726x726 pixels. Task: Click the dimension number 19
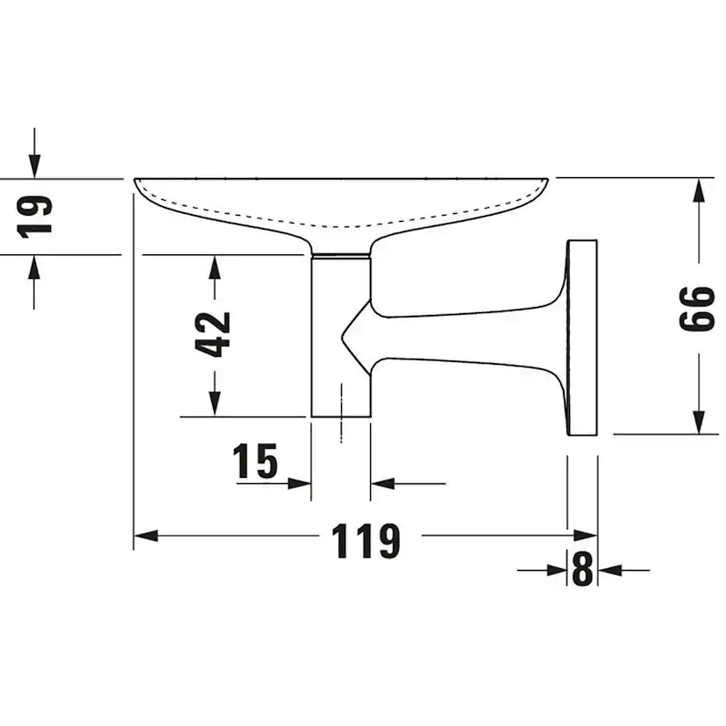(x=36, y=216)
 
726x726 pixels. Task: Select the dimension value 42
(x=213, y=334)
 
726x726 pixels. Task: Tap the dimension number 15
(x=255, y=461)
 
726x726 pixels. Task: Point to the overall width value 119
(x=367, y=541)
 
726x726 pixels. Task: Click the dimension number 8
(x=582, y=571)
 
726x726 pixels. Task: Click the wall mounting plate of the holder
(x=582, y=337)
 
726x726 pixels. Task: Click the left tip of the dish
(x=137, y=181)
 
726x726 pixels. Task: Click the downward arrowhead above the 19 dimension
(x=34, y=166)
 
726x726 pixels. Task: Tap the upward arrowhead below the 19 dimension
(x=34, y=267)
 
